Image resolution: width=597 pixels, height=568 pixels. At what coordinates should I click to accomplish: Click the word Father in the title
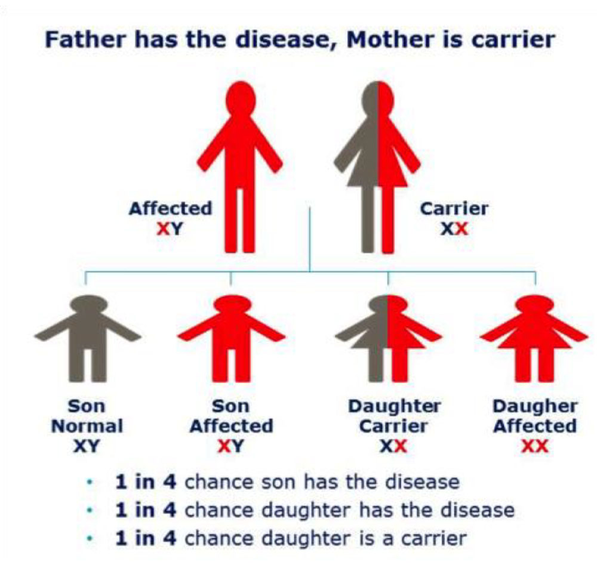click(x=85, y=39)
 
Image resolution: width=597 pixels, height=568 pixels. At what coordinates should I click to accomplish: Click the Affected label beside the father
click(x=170, y=208)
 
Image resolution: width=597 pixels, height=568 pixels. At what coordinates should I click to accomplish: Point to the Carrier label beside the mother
click(x=454, y=208)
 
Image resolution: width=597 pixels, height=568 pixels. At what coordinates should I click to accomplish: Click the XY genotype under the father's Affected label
click(x=170, y=229)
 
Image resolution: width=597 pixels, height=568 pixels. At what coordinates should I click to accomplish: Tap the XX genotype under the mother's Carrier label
click(x=454, y=229)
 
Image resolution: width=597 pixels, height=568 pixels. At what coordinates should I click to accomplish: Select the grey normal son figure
click(x=88, y=338)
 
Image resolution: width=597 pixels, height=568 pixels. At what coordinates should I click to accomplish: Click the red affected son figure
click(x=231, y=338)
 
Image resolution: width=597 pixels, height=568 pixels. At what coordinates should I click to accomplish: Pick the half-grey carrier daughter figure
click(x=389, y=338)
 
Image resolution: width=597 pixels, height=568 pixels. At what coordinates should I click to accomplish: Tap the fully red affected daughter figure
click(x=534, y=338)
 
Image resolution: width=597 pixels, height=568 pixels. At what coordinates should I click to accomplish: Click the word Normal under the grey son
click(x=87, y=426)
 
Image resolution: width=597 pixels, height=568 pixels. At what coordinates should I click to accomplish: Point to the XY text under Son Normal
click(x=87, y=446)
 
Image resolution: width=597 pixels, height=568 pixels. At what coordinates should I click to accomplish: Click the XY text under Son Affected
click(x=230, y=446)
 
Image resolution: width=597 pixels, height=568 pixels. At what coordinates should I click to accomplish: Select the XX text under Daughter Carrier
click(x=393, y=446)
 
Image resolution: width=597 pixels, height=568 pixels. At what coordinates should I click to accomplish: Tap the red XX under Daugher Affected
click(x=535, y=446)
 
